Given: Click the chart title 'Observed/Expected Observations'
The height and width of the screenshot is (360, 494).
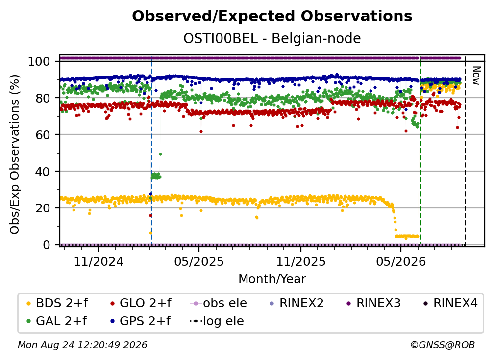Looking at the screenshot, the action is click(x=272, y=16).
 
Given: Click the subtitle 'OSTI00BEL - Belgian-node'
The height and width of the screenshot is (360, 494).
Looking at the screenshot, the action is click(x=272, y=39).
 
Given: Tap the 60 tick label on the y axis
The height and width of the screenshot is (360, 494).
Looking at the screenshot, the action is click(x=43, y=135).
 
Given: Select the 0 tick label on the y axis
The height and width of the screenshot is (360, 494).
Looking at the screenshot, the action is click(x=46, y=245).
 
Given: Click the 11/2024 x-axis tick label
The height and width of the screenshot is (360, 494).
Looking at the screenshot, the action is click(x=99, y=262).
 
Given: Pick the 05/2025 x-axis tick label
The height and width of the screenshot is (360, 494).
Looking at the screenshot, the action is click(x=199, y=262).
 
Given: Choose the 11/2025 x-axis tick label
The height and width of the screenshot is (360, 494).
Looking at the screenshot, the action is click(x=301, y=262).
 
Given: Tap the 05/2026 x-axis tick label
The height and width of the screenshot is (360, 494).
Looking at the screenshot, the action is click(x=401, y=262).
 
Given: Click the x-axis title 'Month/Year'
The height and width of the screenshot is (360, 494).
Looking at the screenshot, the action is click(x=272, y=279).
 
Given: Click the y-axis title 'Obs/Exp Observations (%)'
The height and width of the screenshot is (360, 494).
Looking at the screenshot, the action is click(x=15, y=154).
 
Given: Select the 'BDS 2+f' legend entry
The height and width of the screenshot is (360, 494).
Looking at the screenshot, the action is click(x=57, y=303).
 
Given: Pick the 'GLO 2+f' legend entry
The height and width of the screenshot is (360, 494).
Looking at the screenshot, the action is click(x=141, y=303).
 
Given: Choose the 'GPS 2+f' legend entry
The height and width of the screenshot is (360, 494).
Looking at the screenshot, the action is click(x=140, y=321).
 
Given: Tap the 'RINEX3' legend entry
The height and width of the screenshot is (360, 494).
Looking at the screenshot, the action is click(x=373, y=303).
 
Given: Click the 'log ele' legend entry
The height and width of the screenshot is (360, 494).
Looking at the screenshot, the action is click(x=217, y=321).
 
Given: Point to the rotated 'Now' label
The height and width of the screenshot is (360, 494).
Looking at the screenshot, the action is click(x=476, y=76).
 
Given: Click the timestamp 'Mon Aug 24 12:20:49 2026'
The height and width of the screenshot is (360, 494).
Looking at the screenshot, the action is click(x=82, y=345).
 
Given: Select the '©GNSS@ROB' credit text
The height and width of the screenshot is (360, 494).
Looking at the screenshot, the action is click(x=443, y=345).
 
